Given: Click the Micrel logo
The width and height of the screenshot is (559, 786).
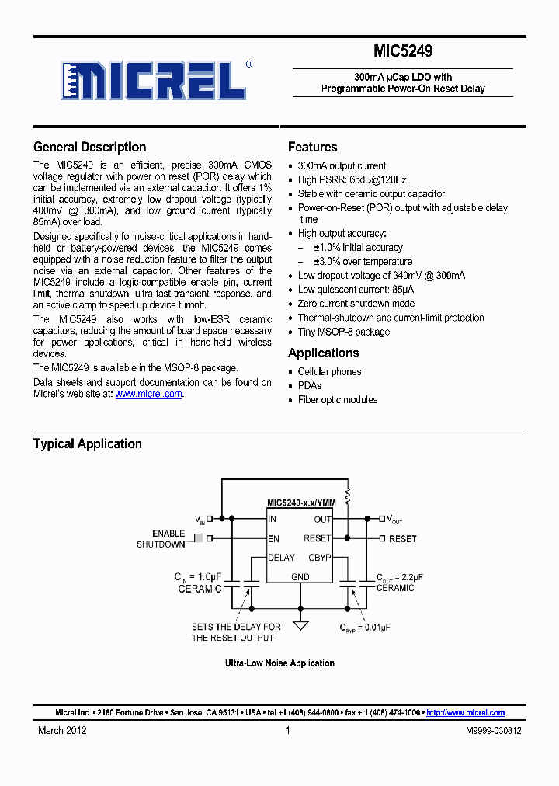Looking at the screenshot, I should coord(153,80).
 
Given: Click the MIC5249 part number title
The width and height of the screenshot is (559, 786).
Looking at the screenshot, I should coord(403,51).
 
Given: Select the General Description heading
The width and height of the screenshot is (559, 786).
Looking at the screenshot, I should coord(89,147).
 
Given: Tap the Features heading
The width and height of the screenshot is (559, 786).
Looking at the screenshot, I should coord(312,147).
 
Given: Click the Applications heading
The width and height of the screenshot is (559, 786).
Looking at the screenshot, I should coord(323,353).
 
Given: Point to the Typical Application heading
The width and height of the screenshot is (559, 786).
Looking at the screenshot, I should coord(87,443).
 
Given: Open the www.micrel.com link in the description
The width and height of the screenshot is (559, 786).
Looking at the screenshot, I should coord(148,394).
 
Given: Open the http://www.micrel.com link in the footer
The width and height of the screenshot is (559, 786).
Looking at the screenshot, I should coord(465,712).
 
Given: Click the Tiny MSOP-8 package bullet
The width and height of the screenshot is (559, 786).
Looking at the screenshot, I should coord(344,332).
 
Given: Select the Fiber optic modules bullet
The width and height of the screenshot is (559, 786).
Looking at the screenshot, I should coord(338,399).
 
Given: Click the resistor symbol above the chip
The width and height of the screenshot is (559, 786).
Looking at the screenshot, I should coord(347,494).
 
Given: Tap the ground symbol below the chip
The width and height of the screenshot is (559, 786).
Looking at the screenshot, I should coord(300,625).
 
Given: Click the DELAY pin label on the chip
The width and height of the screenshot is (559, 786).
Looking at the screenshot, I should coord(281,557).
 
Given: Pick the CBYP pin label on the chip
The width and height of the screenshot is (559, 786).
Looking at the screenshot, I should coord(319,557).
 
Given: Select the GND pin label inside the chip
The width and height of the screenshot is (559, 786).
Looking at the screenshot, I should coord(300,576).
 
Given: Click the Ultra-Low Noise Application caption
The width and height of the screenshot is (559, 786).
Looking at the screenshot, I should coord(279,663).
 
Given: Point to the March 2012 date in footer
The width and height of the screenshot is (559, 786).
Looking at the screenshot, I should coord(62,730).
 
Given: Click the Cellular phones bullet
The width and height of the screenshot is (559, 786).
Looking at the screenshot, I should coord(329,371).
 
